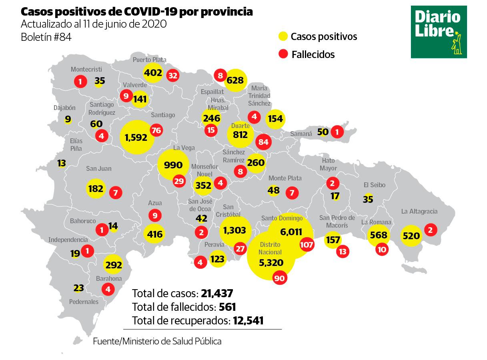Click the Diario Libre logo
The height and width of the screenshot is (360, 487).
(x=439, y=32)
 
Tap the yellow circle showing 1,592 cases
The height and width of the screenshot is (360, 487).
(x=137, y=137)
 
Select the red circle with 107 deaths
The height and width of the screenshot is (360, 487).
(x=307, y=244)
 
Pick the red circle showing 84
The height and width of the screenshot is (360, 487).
(x=263, y=142)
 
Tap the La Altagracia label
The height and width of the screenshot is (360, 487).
(x=419, y=211)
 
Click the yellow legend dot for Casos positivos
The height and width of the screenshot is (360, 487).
(x=283, y=37)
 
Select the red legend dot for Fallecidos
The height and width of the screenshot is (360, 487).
(x=283, y=54)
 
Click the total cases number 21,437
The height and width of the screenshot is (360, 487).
(x=217, y=294)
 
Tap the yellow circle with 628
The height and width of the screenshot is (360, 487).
(x=235, y=80)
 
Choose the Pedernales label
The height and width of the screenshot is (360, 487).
(x=84, y=302)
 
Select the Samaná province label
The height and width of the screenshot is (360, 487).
(x=301, y=134)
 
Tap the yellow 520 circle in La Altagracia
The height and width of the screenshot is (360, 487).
(x=411, y=236)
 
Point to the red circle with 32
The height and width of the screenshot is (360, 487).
(x=173, y=75)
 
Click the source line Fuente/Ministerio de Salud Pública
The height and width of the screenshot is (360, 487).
(x=157, y=341)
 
